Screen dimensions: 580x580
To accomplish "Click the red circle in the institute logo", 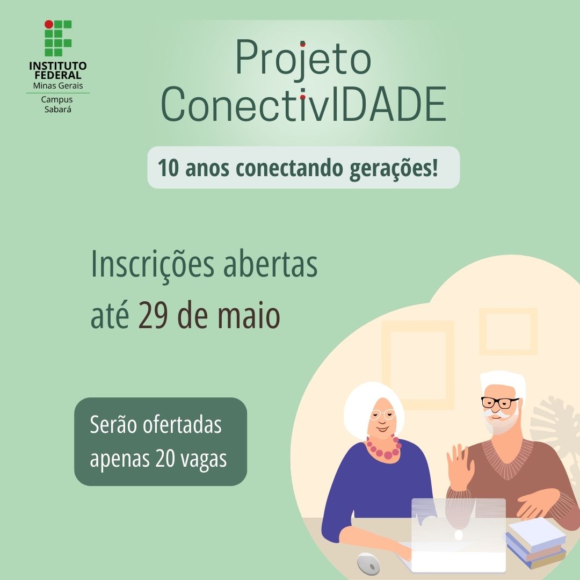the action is (x=49, y=24).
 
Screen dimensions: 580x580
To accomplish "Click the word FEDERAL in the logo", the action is (x=58, y=75).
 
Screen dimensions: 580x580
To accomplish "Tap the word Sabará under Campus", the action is (x=57, y=110).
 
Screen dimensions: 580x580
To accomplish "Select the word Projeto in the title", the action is (x=303, y=59).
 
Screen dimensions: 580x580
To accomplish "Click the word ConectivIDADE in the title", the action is (x=303, y=104).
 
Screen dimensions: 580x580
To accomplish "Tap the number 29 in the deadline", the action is (x=153, y=316).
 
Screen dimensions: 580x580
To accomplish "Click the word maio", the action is (x=248, y=316).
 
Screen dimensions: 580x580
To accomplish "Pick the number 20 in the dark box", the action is (x=165, y=459).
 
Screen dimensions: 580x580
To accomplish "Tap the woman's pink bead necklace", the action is (x=384, y=447).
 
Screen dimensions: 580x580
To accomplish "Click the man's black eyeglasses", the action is (x=499, y=402).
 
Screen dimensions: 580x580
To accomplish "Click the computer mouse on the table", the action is (x=368, y=563).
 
